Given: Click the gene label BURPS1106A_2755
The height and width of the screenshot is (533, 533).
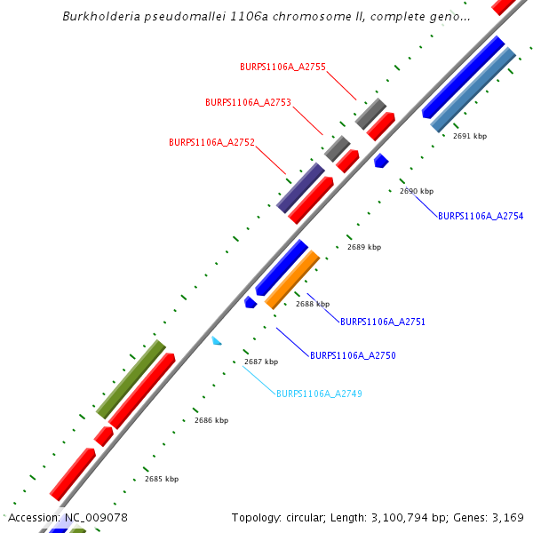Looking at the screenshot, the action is (x=282, y=67).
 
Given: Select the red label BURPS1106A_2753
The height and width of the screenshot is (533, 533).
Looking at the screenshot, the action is (x=248, y=102).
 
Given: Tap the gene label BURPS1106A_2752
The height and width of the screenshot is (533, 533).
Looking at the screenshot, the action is (x=211, y=142).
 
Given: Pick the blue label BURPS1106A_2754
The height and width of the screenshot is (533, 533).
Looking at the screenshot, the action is (x=481, y=216).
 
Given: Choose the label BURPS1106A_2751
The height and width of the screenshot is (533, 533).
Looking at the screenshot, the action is (x=383, y=321).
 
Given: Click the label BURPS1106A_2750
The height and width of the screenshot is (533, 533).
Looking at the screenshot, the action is (x=353, y=355).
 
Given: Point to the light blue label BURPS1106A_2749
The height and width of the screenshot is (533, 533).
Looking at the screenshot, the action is (x=319, y=394).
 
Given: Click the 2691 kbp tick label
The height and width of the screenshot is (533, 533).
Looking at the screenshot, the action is (x=470, y=137).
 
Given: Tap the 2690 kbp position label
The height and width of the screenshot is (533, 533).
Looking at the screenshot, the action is (x=417, y=191).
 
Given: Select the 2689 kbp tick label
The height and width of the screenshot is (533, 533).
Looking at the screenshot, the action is (x=364, y=247).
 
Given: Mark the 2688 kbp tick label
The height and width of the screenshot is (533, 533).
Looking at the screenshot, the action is (x=313, y=304).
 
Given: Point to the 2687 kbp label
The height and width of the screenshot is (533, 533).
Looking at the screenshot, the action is (x=261, y=362).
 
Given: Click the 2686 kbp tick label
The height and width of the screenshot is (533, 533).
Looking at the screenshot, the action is (x=211, y=420).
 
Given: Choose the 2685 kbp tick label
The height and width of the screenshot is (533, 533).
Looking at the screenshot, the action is (x=162, y=479).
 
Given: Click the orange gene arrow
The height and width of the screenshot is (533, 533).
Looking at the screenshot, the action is (x=292, y=279).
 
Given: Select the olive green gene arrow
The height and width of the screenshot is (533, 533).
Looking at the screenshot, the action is (x=131, y=378).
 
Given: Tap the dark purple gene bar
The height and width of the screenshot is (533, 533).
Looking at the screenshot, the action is (x=300, y=187).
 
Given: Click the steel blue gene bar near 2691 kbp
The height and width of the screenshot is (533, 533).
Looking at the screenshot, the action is (x=473, y=89).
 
